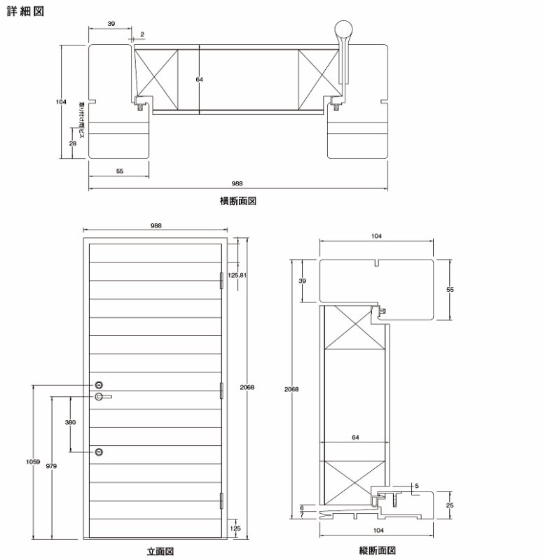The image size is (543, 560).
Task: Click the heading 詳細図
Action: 25,12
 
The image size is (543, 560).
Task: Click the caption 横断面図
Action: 239,201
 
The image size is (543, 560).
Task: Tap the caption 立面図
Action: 160,551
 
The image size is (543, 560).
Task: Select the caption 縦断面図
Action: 378,551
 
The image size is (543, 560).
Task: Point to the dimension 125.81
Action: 238,275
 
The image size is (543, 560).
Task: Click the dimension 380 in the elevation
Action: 70,423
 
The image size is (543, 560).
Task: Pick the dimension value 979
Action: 51,465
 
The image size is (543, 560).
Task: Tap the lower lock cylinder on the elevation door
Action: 99,451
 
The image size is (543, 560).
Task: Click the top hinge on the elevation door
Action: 221,279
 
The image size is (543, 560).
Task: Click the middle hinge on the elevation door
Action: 221,389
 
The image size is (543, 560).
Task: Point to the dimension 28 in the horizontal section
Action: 72,142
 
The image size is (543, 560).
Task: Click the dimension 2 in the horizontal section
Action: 142,34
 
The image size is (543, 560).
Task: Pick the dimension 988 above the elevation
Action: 156,225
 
